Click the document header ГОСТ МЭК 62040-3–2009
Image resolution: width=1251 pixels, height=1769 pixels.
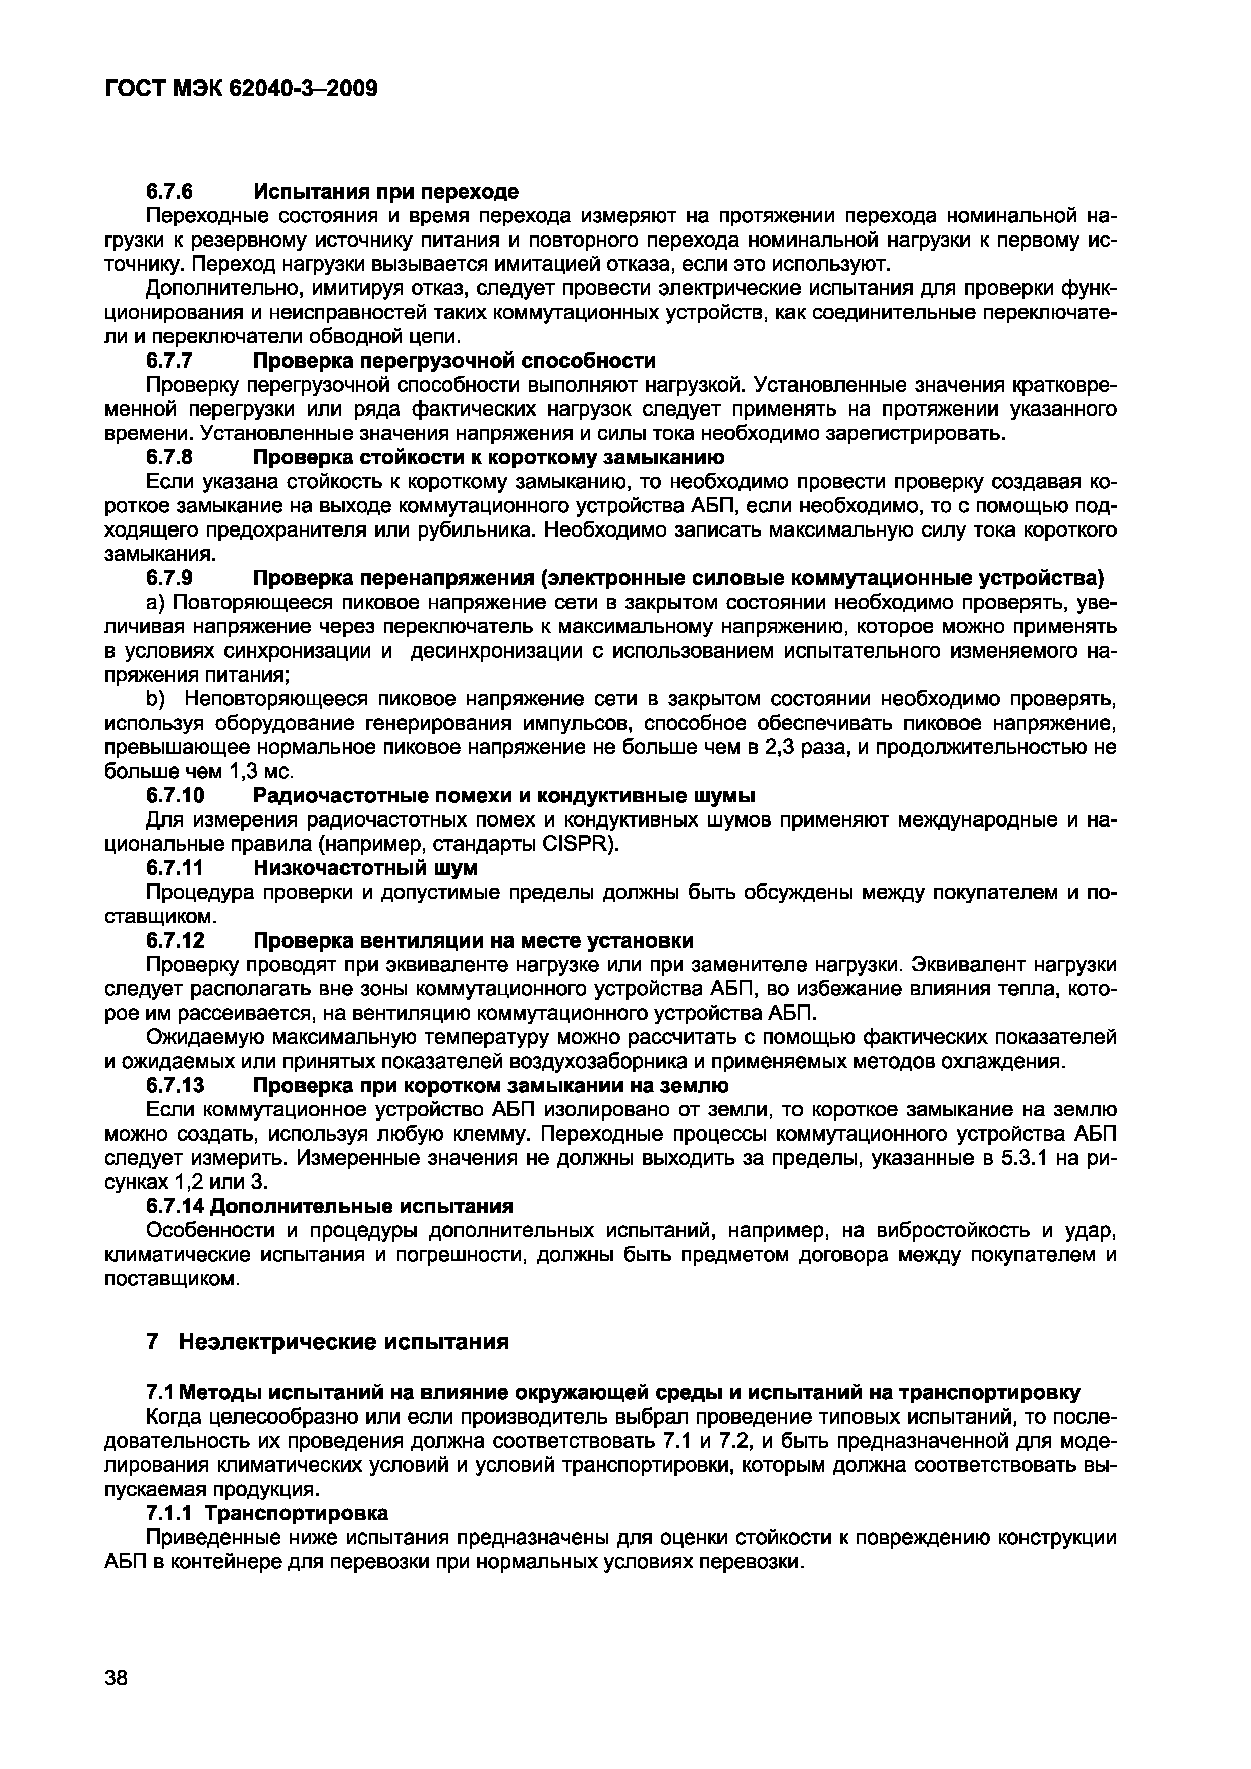click(x=241, y=89)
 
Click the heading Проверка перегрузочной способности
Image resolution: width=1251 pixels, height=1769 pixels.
click(x=455, y=361)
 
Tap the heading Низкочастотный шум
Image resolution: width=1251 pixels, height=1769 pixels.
click(x=365, y=867)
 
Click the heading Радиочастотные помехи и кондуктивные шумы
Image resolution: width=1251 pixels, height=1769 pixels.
click(x=504, y=795)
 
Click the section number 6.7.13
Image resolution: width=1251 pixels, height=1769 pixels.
click(x=174, y=1086)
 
